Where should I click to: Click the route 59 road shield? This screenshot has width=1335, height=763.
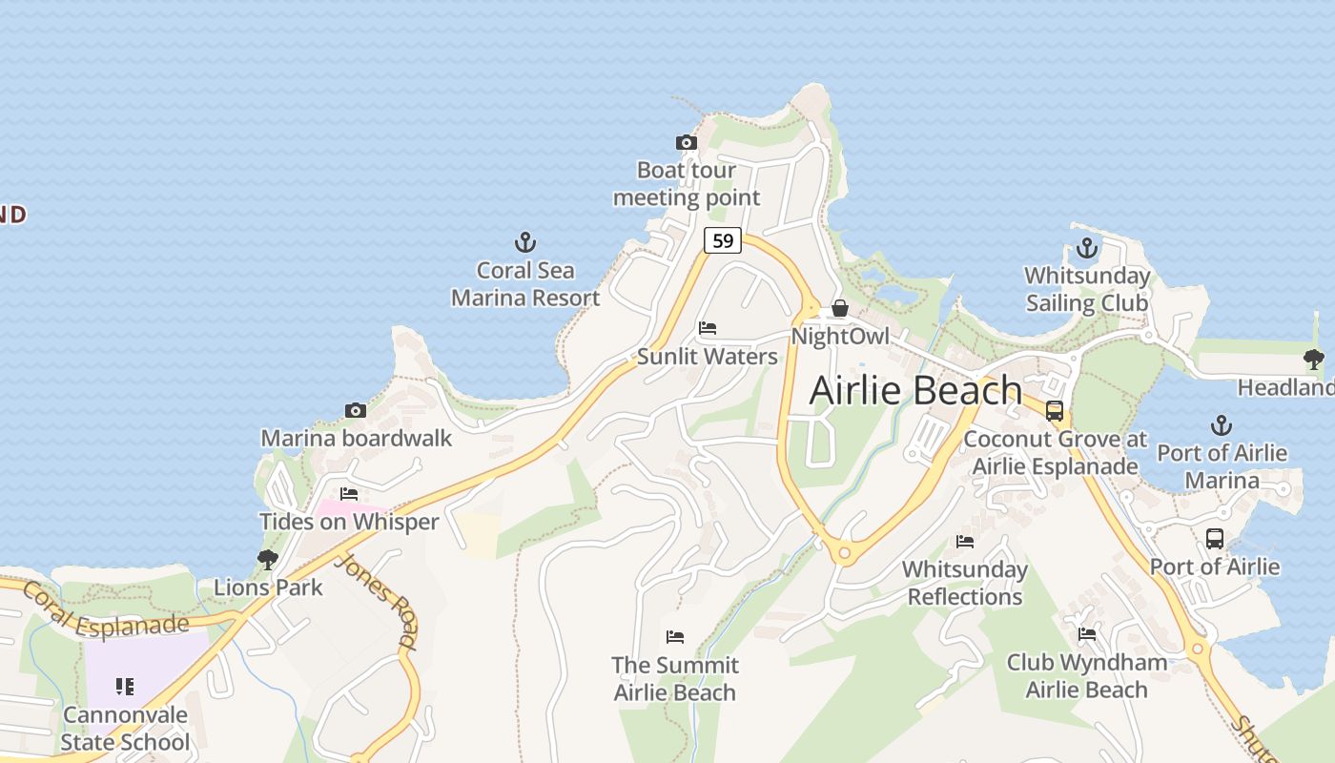(x=723, y=240)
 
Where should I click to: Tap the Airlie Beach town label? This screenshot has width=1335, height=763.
(x=915, y=390)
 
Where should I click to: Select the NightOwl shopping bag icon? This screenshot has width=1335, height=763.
(x=840, y=308)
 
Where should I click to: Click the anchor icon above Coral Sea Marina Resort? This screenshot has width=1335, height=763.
(x=525, y=241)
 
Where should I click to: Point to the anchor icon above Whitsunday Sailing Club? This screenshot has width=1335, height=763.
(x=1086, y=249)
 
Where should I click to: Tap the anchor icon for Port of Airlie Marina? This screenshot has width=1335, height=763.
(x=1222, y=425)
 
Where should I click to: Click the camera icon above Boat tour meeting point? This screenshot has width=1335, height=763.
(x=686, y=143)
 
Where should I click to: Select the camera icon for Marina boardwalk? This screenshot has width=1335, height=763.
(x=356, y=411)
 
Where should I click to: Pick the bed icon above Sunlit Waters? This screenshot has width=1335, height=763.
(x=708, y=328)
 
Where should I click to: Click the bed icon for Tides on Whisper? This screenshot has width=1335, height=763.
(x=349, y=494)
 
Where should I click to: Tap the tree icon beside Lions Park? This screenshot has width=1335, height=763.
(x=268, y=560)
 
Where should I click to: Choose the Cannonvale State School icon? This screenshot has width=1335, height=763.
(x=125, y=687)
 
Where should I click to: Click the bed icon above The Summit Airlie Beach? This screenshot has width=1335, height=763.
(x=675, y=636)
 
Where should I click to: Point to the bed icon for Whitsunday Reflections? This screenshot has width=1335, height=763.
(x=965, y=542)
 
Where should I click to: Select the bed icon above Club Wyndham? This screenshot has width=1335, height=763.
(x=1086, y=634)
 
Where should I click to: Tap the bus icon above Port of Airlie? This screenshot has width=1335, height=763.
(x=1214, y=539)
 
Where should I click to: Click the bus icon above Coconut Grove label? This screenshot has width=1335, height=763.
(x=1055, y=411)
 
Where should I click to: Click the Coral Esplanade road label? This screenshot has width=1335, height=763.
(x=105, y=612)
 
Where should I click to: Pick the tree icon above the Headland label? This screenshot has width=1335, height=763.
(x=1314, y=360)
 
